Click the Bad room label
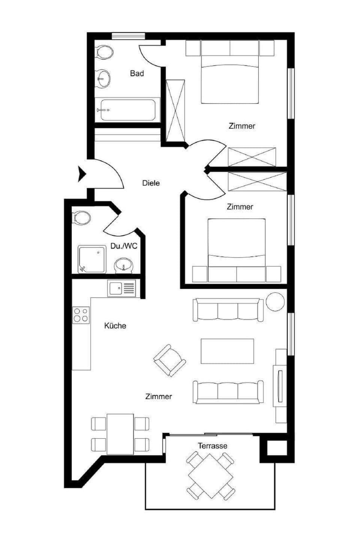[x=137, y=73]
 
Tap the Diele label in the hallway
[x=151, y=183]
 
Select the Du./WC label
[x=124, y=246]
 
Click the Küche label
[x=115, y=325]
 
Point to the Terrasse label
[x=213, y=446]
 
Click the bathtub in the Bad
[x=127, y=110]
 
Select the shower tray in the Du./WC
[x=92, y=259]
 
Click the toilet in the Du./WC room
[x=82, y=217]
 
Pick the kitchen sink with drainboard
[x=121, y=288]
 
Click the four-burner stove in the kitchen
[x=81, y=315]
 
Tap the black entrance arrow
[x=82, y=174]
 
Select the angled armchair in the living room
[x=170, y=360]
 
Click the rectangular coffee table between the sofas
[x=227, y=351]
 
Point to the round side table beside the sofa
[x=275, y=301]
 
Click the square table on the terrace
[x=210, y=476]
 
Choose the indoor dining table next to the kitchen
[x=120, y=434]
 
